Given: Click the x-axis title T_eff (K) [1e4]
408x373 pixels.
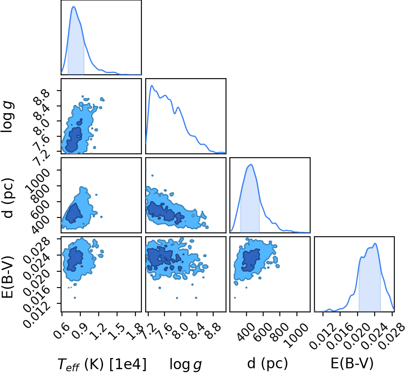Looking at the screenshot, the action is tap(102, 364).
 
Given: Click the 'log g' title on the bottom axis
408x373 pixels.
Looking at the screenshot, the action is tap(185, 364).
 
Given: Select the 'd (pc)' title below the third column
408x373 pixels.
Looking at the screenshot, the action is tap(267, 363).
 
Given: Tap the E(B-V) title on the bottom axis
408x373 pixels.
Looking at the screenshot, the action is tap(352, 363).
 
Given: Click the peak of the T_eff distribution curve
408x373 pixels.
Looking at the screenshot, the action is tap(73, 6).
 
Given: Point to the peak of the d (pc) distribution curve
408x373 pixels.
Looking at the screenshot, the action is tap(251, 164).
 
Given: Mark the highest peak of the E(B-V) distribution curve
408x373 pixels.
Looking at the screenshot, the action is tap(375, 244).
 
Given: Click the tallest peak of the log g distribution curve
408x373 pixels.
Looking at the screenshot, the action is tap(152, 85).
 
